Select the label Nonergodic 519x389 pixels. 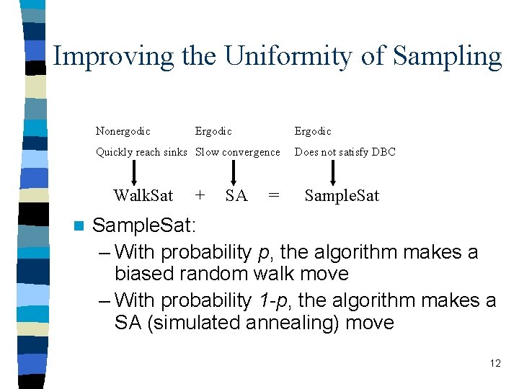[x=123, y=131]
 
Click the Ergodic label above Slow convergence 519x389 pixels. [x=213, y=131]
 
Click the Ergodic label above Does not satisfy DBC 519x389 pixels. [x=313, y=131]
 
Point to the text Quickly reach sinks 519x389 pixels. [x=141, y=152]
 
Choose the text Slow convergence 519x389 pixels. [x=238, y=152]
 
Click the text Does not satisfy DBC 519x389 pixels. [x=345, y=152]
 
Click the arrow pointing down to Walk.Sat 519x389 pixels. [x=133, y=172]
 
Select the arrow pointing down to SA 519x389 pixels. [x=233, y=172]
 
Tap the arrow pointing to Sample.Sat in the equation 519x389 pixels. [x=332, y=172]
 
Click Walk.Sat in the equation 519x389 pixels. [x=143, y=195]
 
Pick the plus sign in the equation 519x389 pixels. [x=200, y=195]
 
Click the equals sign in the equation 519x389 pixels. [x=274, y=195]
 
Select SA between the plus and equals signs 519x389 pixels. [x=236, y=195]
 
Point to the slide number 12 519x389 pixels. [x=494, y=363]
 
